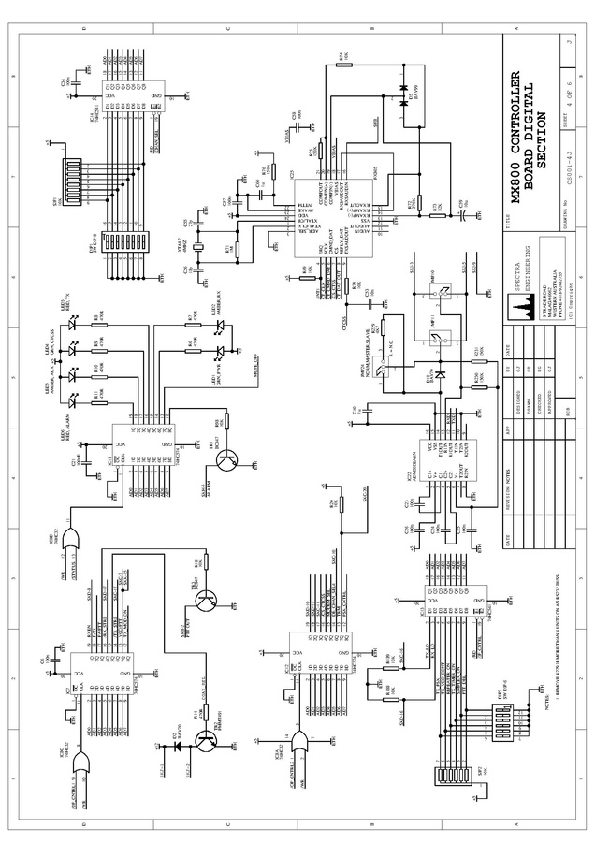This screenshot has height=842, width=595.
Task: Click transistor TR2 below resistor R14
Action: click(206, 739)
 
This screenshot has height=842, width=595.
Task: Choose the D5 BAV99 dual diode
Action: click(406, 104)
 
